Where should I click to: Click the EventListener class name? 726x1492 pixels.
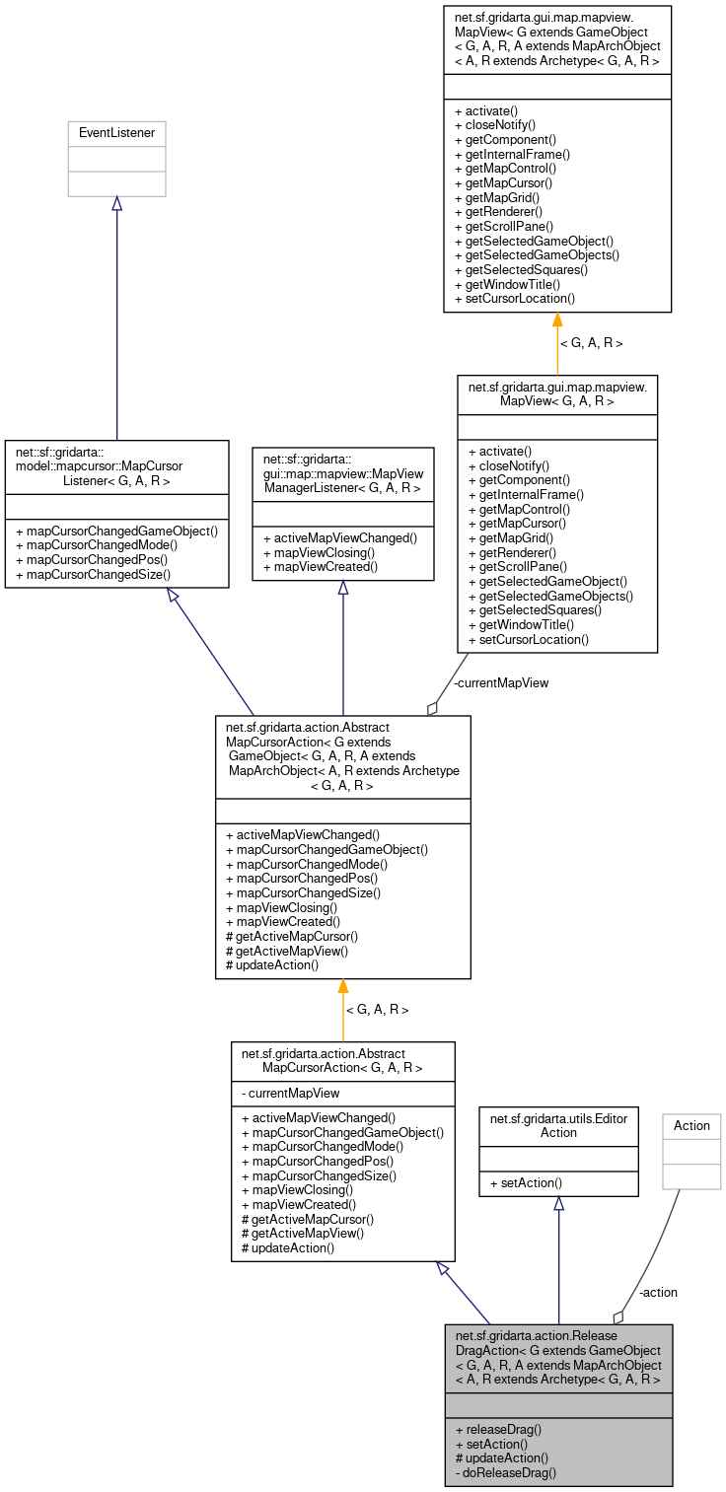(x=116, y=132)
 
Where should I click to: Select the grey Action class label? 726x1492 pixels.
(x=691, y=1125)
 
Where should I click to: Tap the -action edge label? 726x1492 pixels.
(x=658, y=1292)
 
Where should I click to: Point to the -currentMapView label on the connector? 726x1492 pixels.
(x=501, y=682)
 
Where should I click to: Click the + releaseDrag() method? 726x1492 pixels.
(x=499, y=1429)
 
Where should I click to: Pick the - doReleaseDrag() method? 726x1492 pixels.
(x=506, y=1472)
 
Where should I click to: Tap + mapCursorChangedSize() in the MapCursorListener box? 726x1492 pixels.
(x=94, y=574)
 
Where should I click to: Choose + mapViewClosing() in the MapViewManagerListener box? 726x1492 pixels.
(x=317, y=552)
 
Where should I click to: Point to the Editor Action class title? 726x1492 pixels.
(x=558, y=1125)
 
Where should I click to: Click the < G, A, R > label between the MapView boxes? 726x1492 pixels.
(x=591, y=343)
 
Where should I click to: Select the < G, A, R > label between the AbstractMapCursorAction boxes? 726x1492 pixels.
(x=376, y=1010)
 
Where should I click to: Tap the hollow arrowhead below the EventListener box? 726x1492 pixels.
(x=116, y=204)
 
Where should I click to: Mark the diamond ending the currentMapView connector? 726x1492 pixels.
(x=432, y=707)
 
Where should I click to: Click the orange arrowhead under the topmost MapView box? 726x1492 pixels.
(x=557, y=320)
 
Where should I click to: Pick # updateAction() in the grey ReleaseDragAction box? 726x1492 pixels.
(x=501, y=1457)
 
